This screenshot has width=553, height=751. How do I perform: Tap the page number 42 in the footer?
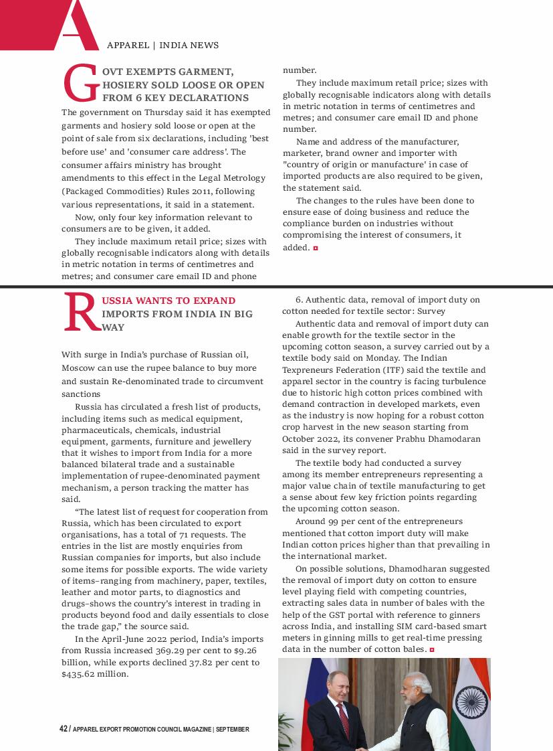[x=64, y=729]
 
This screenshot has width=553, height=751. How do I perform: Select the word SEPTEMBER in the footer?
[x=232, y=730]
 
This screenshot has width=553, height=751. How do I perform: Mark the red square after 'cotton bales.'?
[x=433, y=650]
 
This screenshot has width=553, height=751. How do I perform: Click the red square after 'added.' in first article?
[x=316, y=248]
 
